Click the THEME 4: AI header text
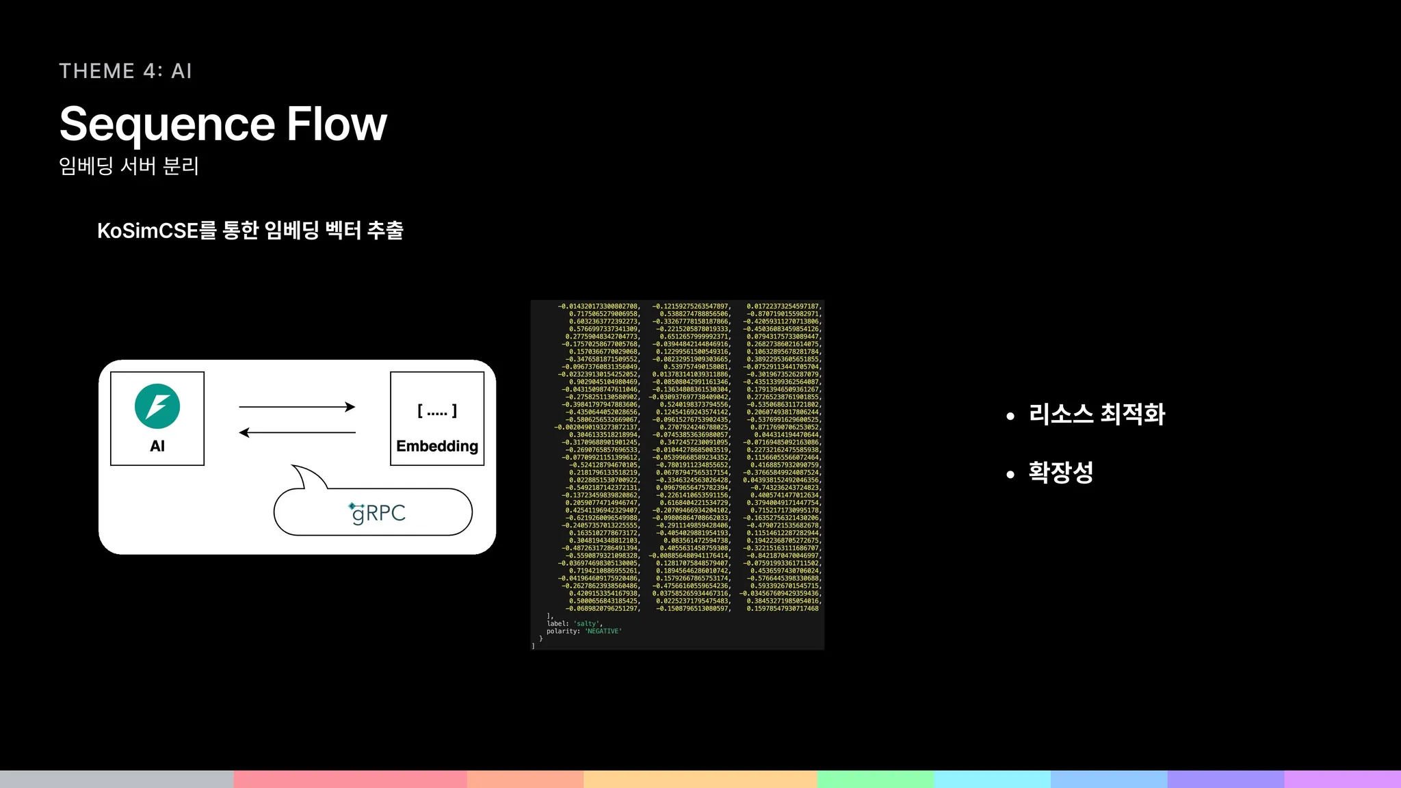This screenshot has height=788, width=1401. (125, 71)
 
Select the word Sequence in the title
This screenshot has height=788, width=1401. (167, 124)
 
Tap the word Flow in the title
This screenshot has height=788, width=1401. (336, 124)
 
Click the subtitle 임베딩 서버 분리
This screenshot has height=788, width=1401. (129, 166)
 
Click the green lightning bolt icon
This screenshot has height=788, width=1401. (157, 406)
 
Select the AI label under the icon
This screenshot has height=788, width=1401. (157, 446)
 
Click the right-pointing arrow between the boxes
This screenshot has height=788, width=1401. (297, 407)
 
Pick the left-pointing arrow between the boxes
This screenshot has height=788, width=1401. (297, 432)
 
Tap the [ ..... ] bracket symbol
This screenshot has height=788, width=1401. (437, 410)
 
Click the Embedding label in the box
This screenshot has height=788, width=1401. (437, 446)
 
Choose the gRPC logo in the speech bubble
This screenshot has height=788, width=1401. (377, 513)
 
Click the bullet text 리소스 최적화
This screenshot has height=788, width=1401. (1097, 414)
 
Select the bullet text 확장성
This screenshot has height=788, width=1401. (1060, 472)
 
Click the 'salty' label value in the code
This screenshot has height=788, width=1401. (587, 624)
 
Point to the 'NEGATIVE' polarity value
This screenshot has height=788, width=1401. (603, 631)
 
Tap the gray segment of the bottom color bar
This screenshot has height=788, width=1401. (116, 779)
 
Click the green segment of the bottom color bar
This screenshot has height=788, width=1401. (875, 779)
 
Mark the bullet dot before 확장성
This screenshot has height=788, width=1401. (1010, 474)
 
